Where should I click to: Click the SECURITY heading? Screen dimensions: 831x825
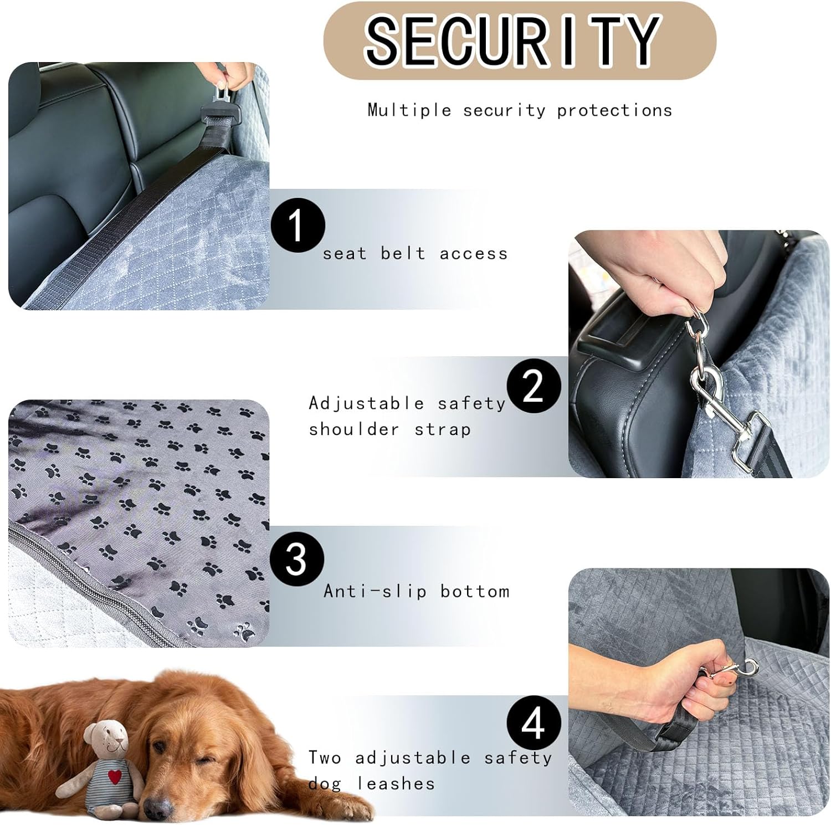click(512, 40)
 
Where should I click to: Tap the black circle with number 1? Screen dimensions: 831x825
click(297, 226)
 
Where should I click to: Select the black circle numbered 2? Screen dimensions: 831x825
click(534, 386)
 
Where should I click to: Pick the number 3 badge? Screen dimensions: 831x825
click(296, 558)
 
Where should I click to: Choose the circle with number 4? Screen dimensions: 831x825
click(534, 722)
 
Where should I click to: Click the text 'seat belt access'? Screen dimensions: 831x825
click(416, 253)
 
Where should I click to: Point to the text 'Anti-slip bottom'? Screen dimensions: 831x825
click(417, 591)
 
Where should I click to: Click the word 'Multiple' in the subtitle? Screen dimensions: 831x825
click(409, 110)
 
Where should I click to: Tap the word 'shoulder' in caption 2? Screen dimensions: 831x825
click(354, 429)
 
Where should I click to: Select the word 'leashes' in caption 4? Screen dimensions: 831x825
click(396, 783)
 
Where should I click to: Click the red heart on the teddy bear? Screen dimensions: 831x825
click(115, 776)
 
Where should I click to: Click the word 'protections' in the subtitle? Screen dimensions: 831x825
click(614, 110)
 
